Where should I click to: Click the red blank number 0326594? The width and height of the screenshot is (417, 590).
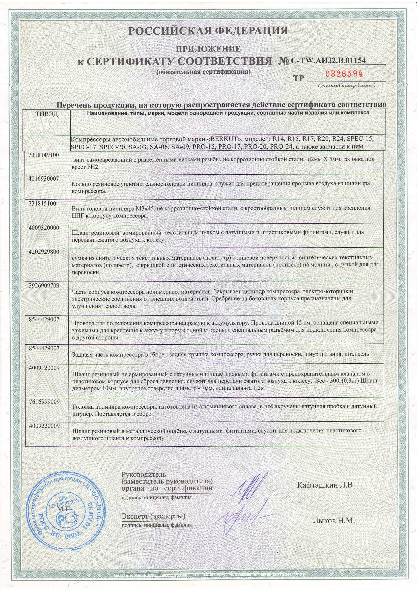(344, 74)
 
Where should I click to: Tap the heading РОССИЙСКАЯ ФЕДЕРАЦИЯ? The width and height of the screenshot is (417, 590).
(208, 31)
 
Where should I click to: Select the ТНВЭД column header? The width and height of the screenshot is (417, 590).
(46, 114)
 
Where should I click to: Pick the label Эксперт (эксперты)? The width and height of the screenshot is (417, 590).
(153, 516)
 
